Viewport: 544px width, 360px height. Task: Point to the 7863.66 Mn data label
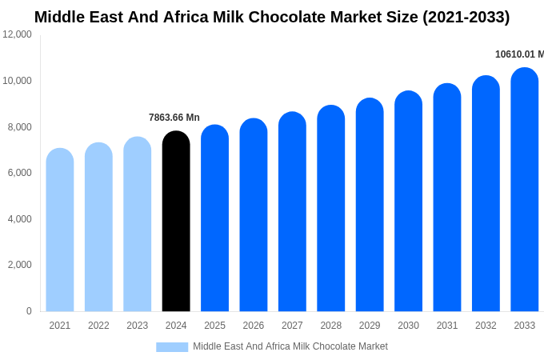174,118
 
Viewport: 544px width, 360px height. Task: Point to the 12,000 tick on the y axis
18,34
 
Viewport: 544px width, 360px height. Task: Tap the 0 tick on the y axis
29,311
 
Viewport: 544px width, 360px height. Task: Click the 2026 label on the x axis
254,326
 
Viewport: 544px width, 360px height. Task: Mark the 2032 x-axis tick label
486,326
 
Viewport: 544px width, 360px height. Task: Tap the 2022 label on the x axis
98,326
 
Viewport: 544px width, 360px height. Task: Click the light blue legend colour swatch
172,346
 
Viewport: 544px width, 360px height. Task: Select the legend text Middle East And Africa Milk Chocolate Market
290,346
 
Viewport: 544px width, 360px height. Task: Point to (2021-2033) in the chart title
466,17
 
